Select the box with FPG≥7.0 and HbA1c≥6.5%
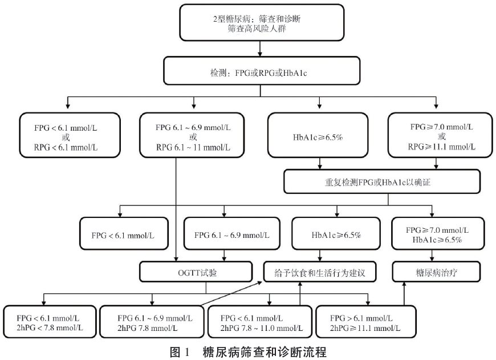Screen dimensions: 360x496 437,234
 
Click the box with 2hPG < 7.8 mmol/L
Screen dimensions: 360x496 50,322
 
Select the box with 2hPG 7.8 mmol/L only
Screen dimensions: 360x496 151,322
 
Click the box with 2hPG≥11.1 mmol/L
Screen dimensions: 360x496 365,322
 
